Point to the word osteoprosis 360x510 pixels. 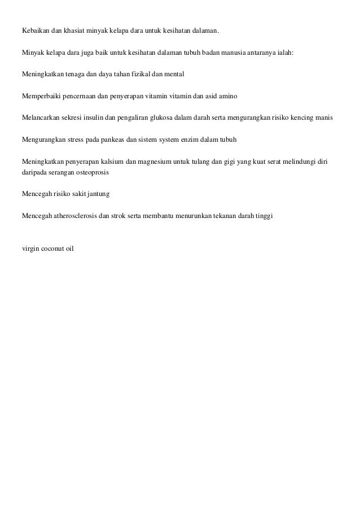(91, 172)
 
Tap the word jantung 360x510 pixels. (97, 194)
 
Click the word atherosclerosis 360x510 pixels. (73, 215)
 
